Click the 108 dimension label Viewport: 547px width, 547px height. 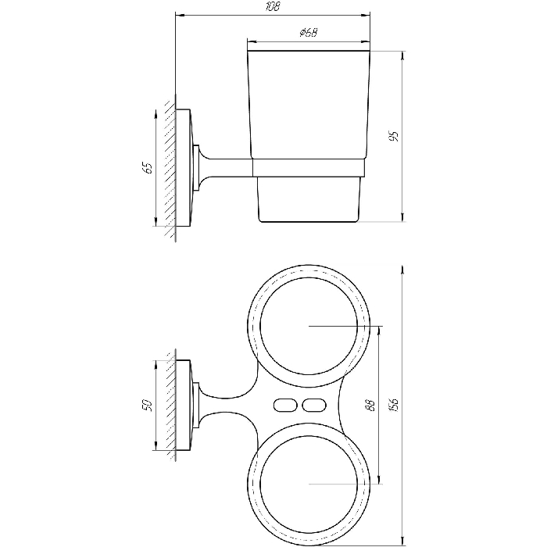click(x=273, y=6)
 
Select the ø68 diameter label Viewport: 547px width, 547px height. click(x=309, y=33)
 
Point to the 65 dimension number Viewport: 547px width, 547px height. click(x=148, y=168)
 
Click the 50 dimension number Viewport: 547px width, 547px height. click(x=148, y=405)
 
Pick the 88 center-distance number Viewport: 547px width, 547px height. click(x=371, y=405)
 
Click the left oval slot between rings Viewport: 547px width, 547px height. click(x=285, y=405)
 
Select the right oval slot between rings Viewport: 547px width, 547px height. click(x=315, y=405)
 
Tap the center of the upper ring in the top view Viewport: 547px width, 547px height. click(x=309, y=326)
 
